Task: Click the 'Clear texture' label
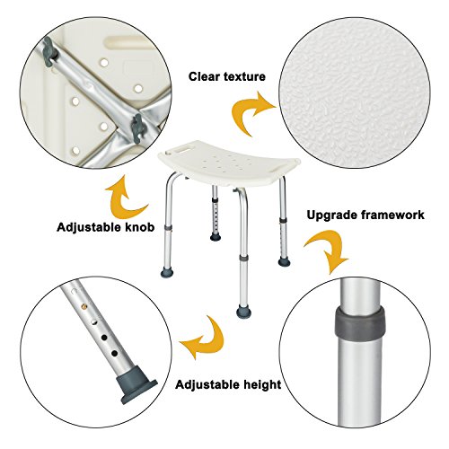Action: (226, 77)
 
